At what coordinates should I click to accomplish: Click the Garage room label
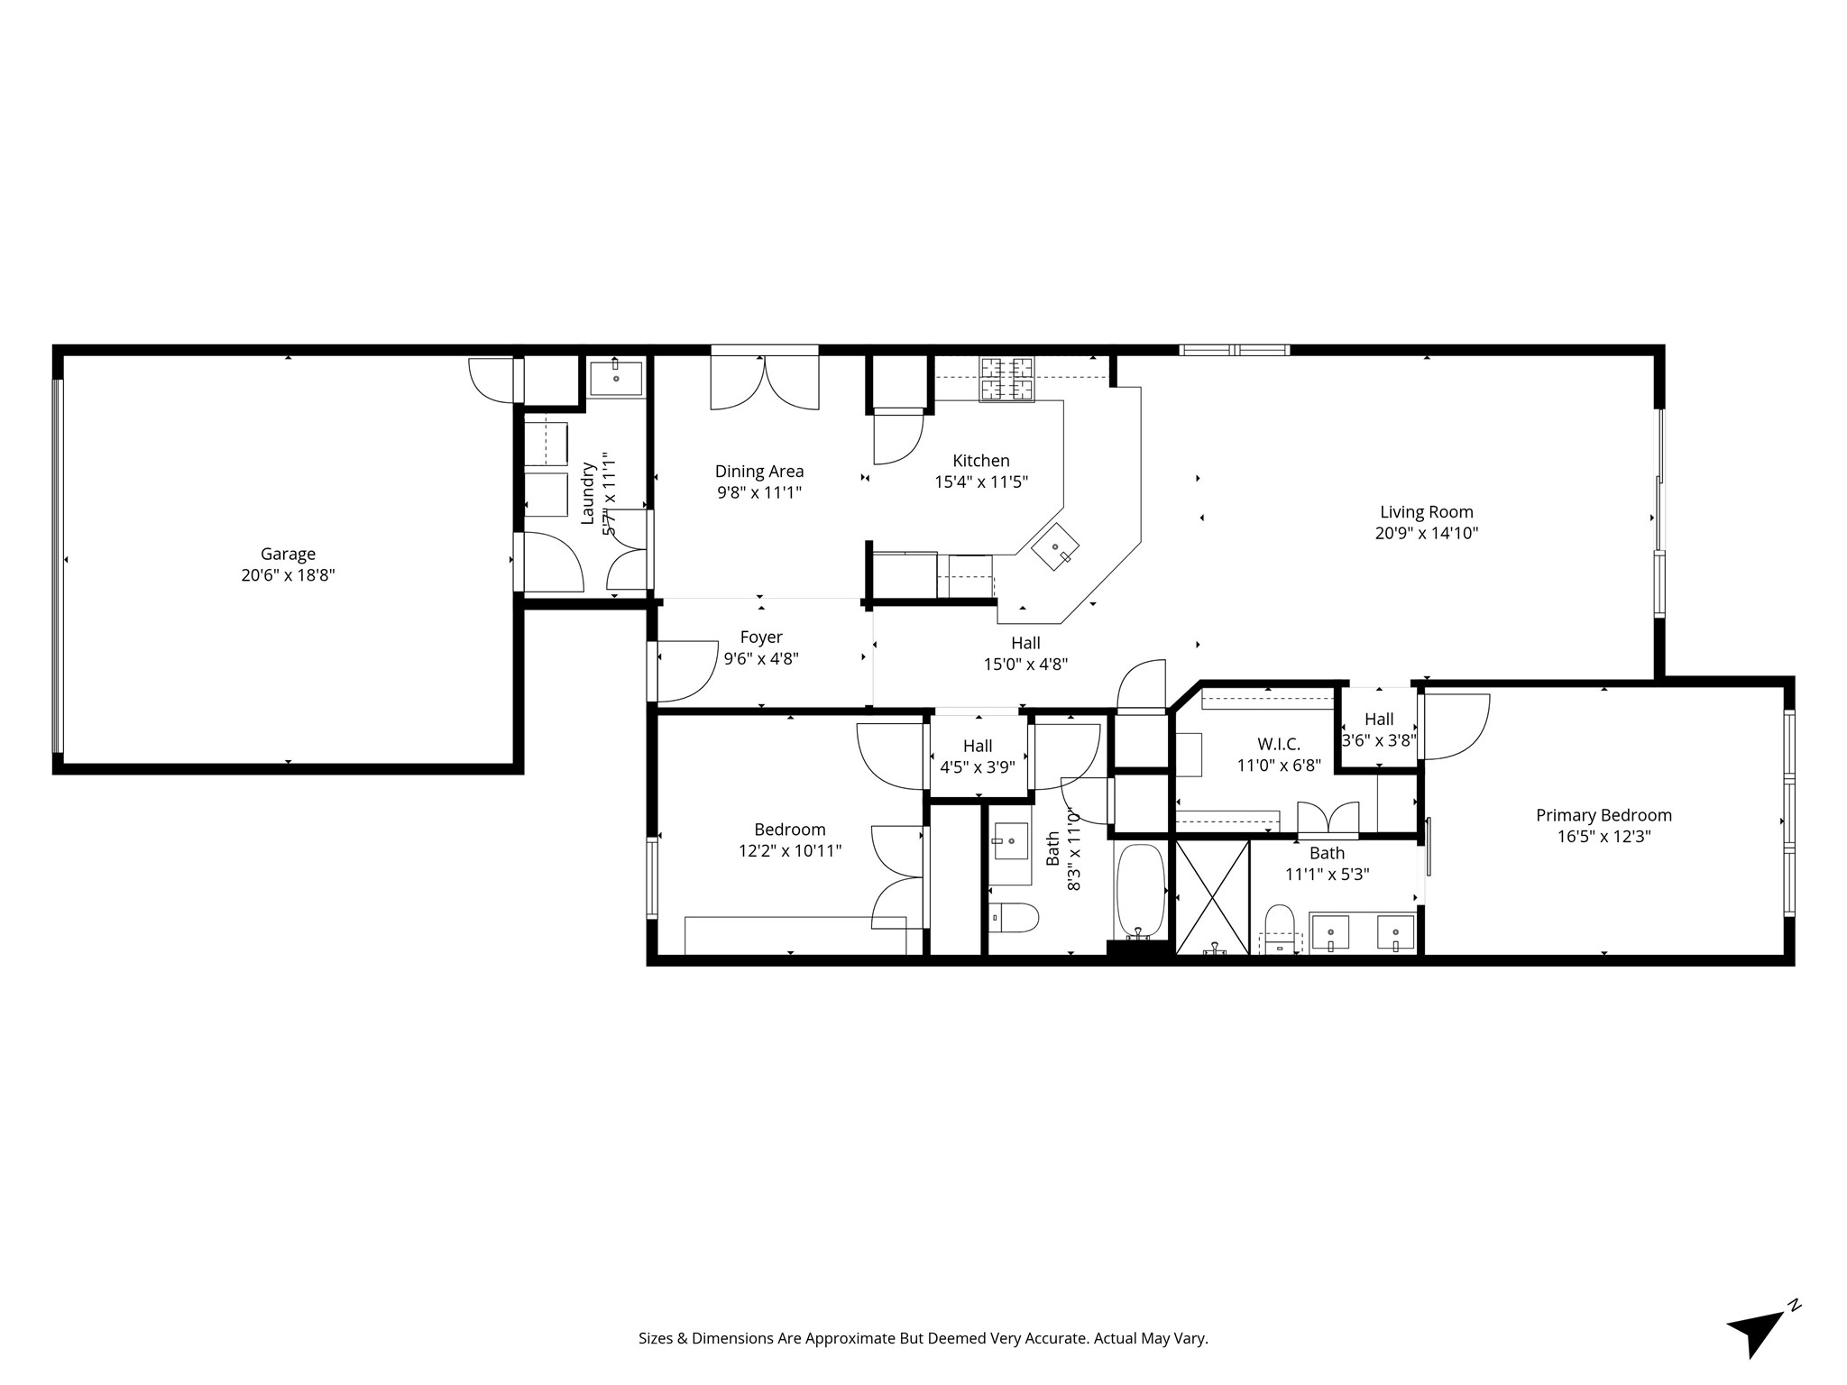point(288,555)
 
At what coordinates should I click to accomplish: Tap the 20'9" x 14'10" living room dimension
point(1426,533)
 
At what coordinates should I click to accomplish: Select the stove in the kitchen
point(1006,379)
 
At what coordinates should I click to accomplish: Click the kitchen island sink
point(1056,546)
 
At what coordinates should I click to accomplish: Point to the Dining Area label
point(758,471)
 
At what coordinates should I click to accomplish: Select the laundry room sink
point(616,379)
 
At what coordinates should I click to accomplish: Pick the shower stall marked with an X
point(1212,896)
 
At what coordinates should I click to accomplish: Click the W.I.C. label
point(1279,744)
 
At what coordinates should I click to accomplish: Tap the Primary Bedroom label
point(1603,815)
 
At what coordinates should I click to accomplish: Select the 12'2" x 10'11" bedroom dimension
point(790,850)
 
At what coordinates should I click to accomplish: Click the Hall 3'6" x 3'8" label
point(1379,729)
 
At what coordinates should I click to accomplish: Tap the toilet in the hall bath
point(1014,918)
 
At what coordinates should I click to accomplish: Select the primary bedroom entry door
point(1454,727)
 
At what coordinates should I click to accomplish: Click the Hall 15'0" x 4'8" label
point(1025,654)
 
